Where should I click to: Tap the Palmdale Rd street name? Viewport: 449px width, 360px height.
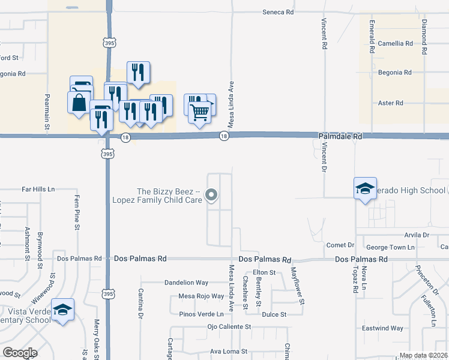[340, 137]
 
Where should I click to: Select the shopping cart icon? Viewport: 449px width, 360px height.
[200, 110]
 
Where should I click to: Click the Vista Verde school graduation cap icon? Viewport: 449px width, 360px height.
[62, 310]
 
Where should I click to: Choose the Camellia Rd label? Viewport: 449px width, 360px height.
[396, 43]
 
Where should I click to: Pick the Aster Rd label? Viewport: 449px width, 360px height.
[391, 103]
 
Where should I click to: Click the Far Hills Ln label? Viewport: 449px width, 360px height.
[38, 189]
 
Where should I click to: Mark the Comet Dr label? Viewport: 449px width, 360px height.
[340, 245]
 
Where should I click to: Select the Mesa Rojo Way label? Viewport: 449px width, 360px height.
[202, 296]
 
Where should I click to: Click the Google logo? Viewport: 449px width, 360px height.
[19, 353]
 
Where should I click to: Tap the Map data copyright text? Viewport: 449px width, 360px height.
[423, 355]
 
